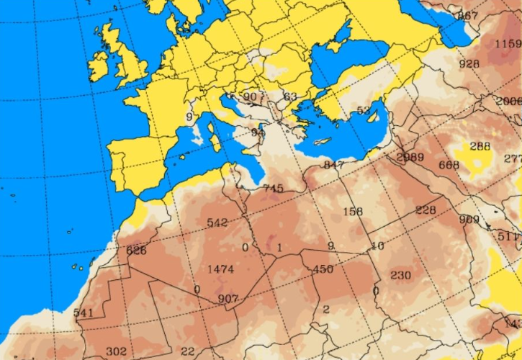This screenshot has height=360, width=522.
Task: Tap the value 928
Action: [469, 64]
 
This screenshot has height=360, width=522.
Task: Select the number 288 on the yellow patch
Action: [480, 146]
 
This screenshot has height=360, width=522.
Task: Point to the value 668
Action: [449, 166]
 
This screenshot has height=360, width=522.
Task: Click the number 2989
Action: [410, 158]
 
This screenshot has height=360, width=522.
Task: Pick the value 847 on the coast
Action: [334, 166]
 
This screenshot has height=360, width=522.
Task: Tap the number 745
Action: [273, 189]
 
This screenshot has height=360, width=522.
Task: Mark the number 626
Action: [136, 251]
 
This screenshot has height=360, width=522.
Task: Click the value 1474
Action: [220, 269]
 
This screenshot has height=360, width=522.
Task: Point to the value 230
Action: [400, 275]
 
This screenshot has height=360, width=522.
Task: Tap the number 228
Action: [426, 210]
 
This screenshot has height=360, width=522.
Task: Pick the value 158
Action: [353, 212]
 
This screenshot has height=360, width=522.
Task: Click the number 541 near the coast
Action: [84, 312]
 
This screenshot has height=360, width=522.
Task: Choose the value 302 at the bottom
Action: [116, 351]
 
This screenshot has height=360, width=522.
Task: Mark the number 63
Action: [290, 96]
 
